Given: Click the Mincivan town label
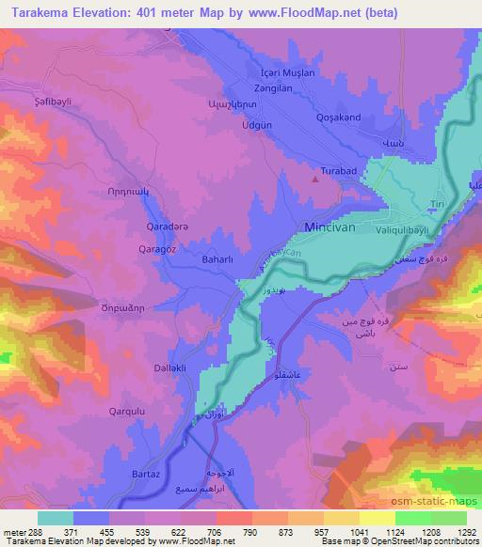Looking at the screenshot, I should pyautogui.click(x=336, y=227).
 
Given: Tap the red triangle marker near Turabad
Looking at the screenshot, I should pyautogui.click(x=315, y=174).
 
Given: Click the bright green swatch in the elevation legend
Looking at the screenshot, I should pyautogui.click(x=412, y=518).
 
